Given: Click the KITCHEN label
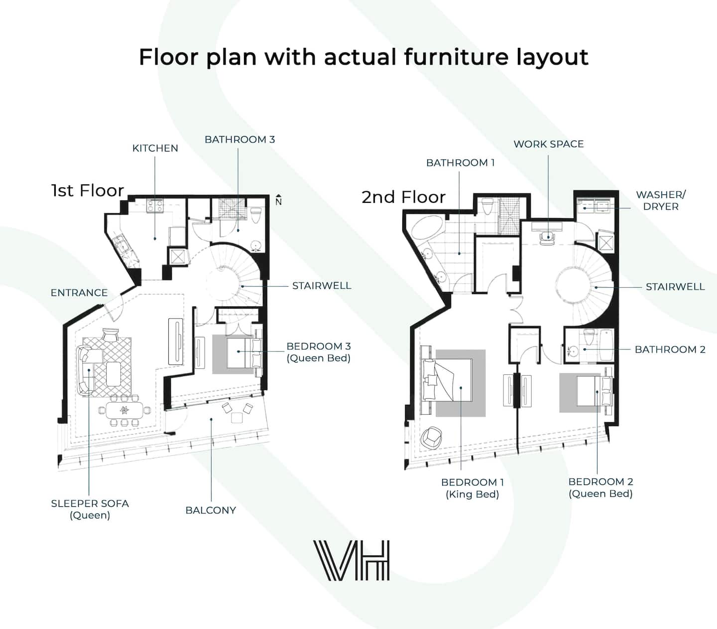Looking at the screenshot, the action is [x=155, y=148].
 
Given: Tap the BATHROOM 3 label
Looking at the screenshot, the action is [x=239, y=139].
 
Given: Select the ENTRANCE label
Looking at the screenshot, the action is [x=79, y=293].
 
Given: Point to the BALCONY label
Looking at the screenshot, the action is [x=211, y=510].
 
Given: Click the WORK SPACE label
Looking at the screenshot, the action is [x=549, y=144].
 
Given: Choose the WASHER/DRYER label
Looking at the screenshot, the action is [x=661, y=200].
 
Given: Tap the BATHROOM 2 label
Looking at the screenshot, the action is [x=670, y=349].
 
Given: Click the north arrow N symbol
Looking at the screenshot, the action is [x=278, y=200].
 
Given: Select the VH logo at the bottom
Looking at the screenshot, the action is [x=352, y=560].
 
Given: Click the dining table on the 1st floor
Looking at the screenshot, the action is [x=124, y=410].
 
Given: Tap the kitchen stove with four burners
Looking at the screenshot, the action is [x=155, y=206].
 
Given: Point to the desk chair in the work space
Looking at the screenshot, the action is [x=547, y=238].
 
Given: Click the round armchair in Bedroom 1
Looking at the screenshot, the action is [x=431, y=438].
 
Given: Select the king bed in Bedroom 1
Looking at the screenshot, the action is [x=447, y=380].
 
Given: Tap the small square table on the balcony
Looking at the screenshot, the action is [x=237, y=418].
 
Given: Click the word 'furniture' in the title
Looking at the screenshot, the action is [x=456, y=57].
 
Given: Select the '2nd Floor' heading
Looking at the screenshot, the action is [x=403, y=197].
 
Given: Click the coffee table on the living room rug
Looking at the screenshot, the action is [x=113, y=374].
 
